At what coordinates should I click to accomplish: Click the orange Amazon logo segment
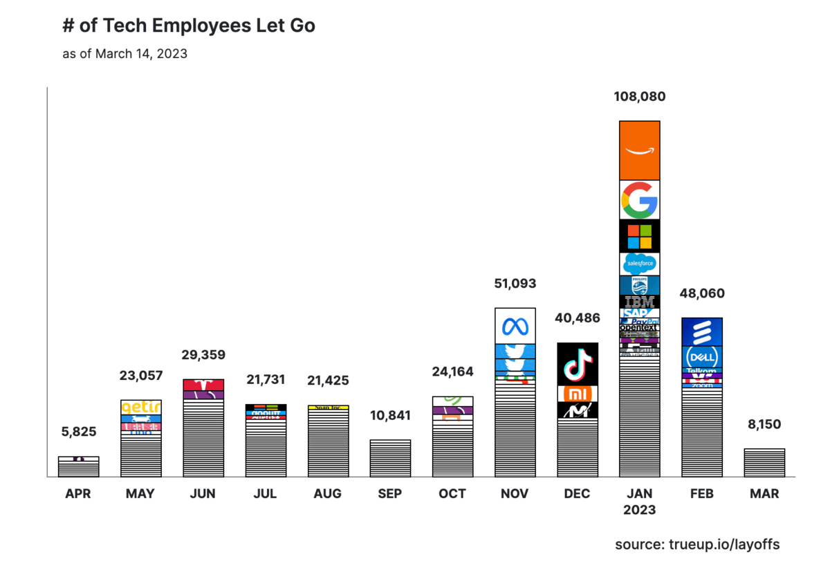pos(639,150)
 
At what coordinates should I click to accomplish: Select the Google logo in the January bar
pos(639,200)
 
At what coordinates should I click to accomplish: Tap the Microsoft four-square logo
pos(639,235)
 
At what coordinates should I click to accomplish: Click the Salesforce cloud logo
pos(639,264)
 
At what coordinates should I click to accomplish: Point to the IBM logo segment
pos(639,302)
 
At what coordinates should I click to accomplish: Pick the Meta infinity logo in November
pos(515,325)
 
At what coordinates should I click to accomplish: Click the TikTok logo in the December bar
pos(577,364)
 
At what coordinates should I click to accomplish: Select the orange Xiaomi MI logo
pos(577,394)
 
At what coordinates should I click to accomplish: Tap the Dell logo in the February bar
pos(702,357)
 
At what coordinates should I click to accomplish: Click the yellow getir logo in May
pos(140,407)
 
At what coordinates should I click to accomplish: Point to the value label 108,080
pos(639,97)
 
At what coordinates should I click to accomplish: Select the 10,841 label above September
pos(390,416)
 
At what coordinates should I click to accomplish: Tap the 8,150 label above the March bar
pos(764,424)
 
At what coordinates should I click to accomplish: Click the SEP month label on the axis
pos(390,494)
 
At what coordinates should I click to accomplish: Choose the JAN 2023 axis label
pos(639,502)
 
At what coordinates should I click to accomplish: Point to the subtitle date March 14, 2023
pos(141,53)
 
